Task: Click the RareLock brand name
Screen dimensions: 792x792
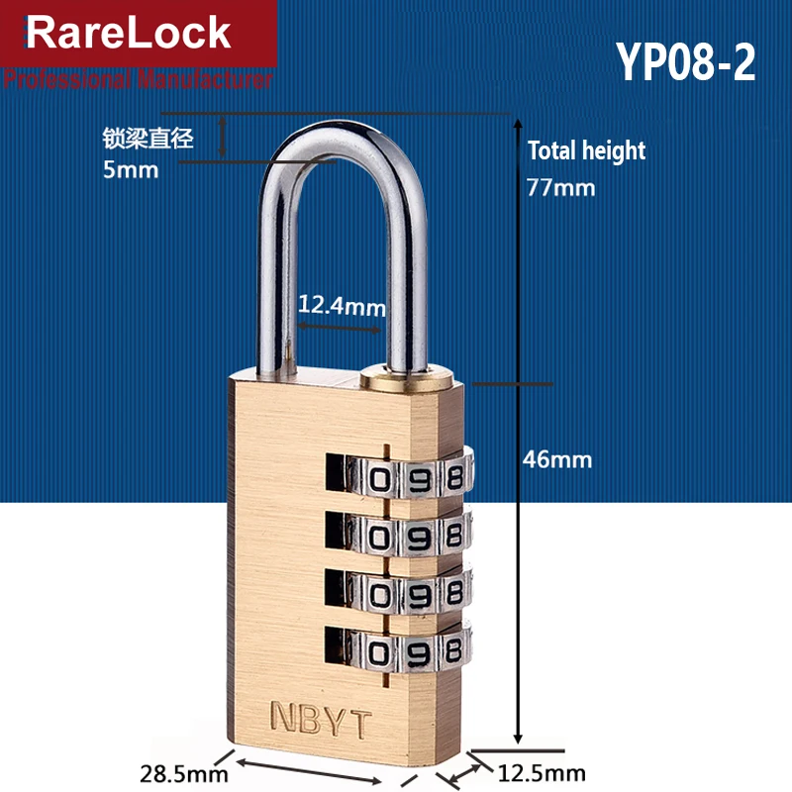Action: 128,33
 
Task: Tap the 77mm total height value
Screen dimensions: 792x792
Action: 561,186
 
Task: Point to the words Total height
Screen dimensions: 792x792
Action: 586,151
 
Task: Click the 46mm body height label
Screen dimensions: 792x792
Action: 557,459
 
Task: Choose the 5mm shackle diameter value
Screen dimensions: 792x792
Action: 131,169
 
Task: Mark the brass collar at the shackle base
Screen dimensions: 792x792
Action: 409,376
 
